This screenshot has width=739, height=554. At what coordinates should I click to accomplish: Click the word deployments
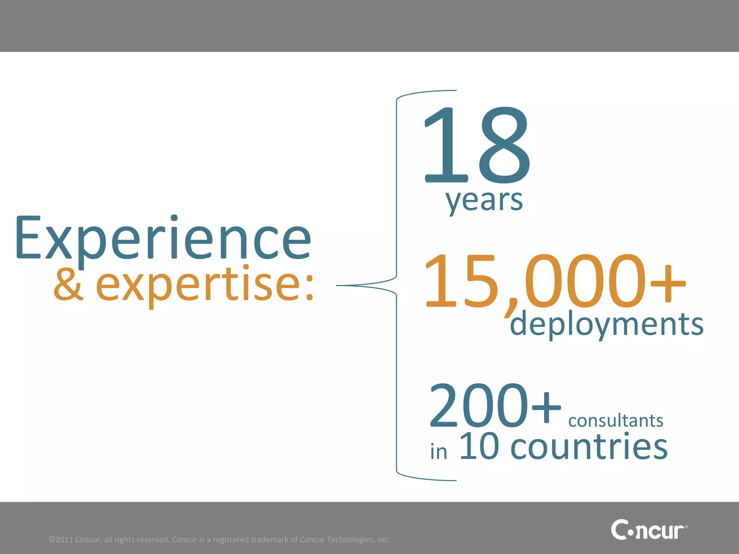607,324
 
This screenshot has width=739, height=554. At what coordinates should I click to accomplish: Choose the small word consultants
616,421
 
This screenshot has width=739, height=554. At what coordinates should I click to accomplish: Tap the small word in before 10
438,452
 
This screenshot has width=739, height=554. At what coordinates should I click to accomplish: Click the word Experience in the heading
163,238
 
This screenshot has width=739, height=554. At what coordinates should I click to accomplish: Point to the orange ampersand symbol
69,285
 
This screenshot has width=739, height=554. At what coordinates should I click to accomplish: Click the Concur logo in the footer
649,529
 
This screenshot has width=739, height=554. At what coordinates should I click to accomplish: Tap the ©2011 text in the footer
61,540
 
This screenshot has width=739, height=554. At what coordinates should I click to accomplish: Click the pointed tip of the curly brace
338,286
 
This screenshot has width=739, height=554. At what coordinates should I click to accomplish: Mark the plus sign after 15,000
668,283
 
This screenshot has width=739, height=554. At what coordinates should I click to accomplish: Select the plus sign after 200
546,408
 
